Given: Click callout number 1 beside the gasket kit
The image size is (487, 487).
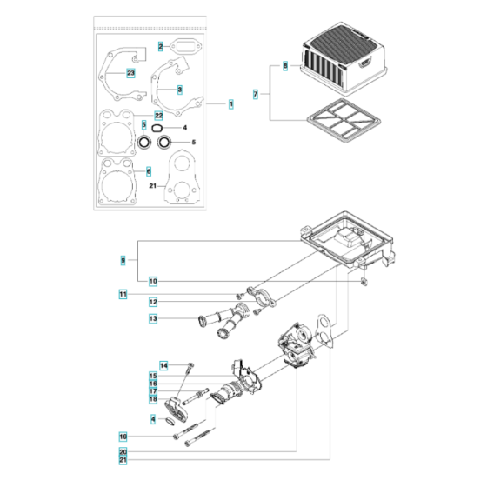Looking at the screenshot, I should coord(231,104).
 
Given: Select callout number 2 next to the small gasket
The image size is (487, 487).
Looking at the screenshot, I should coord(161,45).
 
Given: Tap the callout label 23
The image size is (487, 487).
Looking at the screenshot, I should coord(131,73).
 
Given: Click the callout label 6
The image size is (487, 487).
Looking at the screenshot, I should coord(149,171).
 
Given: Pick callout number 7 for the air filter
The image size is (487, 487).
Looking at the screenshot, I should coord(255,92).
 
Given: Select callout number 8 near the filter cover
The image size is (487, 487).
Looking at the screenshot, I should coord(284,65).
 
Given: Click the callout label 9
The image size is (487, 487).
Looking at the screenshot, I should coord(123,259).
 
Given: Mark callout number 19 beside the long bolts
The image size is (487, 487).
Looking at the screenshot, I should coord(123,435).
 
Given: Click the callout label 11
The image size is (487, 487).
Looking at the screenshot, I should coord(123,296).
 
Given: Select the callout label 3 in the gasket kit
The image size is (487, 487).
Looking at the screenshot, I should coord(178,89).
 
